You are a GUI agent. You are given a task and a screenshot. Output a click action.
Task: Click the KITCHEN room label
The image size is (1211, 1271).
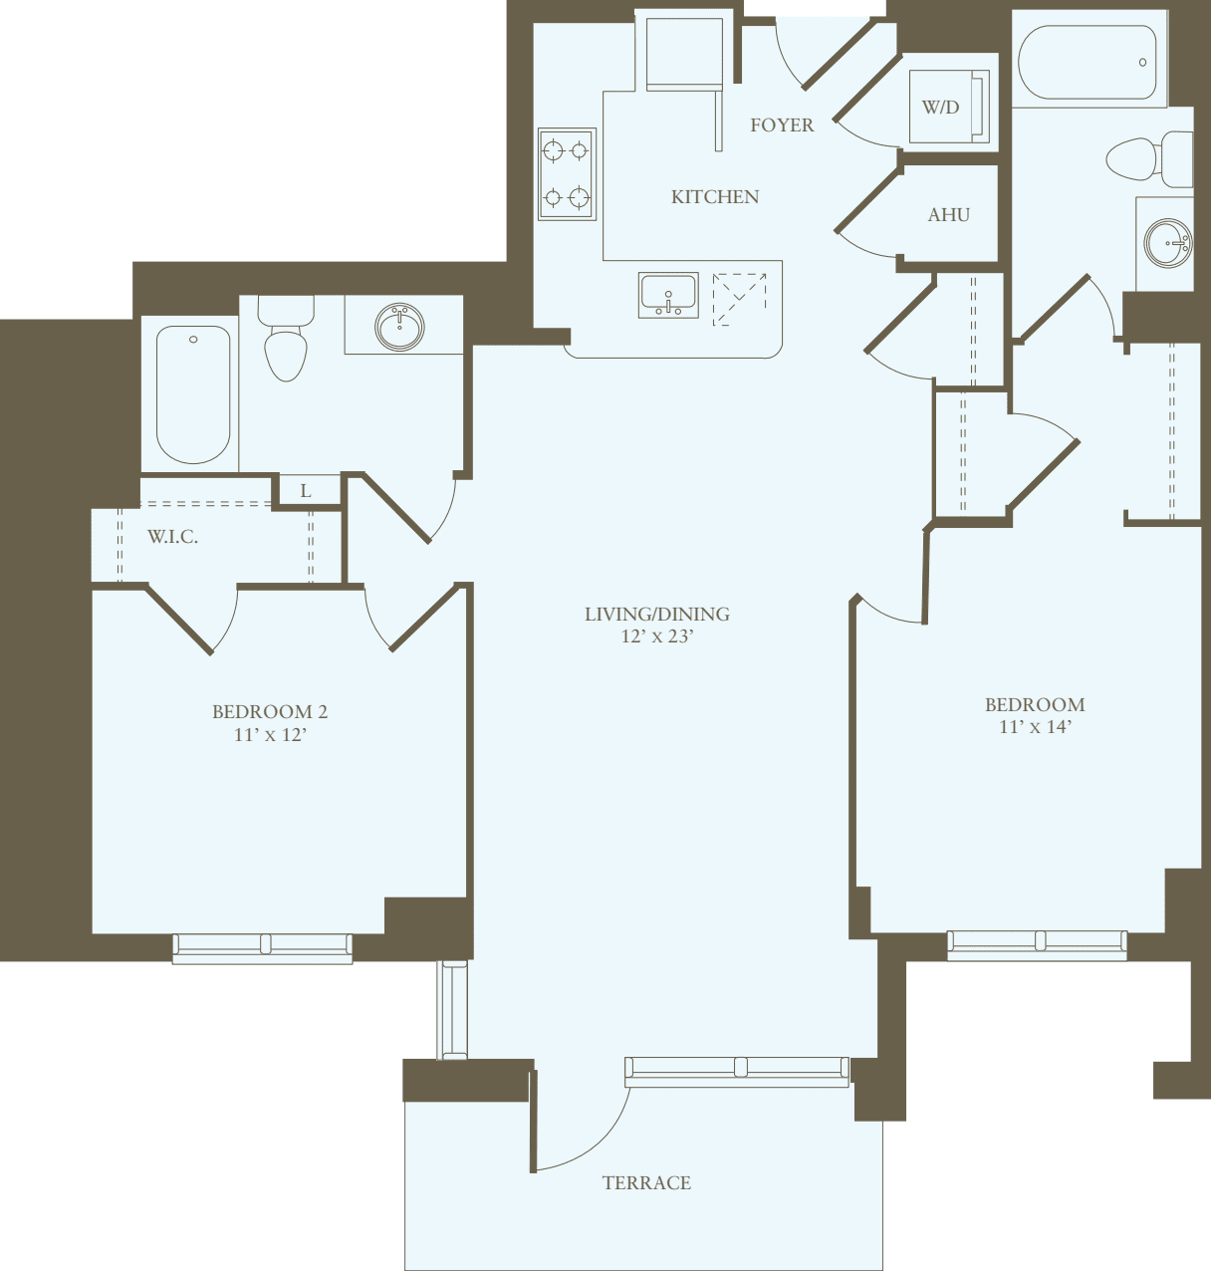tap(715, 197)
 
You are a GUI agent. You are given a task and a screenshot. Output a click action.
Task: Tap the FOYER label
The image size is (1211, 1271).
tap(782, 126)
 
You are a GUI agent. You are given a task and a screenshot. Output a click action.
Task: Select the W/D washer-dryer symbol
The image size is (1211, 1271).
tap(949, 107)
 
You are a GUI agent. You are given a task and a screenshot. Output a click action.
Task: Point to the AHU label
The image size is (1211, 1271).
tap(948, 215)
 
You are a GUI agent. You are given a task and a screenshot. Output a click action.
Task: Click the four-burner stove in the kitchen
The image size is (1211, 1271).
tap(567, 174)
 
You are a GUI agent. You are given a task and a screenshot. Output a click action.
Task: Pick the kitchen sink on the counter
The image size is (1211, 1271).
tap(668, 296)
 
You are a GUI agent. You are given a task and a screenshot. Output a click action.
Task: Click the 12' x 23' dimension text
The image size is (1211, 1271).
tap(656, 636)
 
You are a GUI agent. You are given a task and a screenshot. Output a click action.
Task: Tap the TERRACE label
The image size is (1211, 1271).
tap(646, 1183)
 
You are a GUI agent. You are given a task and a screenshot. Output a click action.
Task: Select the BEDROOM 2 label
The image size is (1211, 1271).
tap(270, 712)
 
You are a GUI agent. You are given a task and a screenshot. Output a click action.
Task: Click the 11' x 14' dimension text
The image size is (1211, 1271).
tap(1035, 727)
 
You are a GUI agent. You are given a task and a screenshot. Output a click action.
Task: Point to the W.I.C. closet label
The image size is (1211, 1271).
tap(172, 537)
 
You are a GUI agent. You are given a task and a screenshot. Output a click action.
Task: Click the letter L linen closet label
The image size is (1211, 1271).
tap(306, 491)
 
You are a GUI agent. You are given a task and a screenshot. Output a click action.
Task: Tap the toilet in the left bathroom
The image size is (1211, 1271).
tap(286, 344)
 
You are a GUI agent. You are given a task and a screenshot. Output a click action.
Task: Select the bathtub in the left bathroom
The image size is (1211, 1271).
tap(193, 394)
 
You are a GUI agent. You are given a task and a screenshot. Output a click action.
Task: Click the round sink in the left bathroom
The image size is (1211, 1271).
tap(400, 327)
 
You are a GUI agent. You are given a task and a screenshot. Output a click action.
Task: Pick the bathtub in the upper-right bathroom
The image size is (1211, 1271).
tap(1088, 62)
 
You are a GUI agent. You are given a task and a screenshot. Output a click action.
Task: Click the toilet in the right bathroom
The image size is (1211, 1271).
tap(1145, 159)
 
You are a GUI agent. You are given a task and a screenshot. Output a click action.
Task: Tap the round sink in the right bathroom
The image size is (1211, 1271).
tap(1167, 242)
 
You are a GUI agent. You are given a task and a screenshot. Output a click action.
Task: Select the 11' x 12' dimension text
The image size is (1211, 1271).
tap(270, 736)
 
